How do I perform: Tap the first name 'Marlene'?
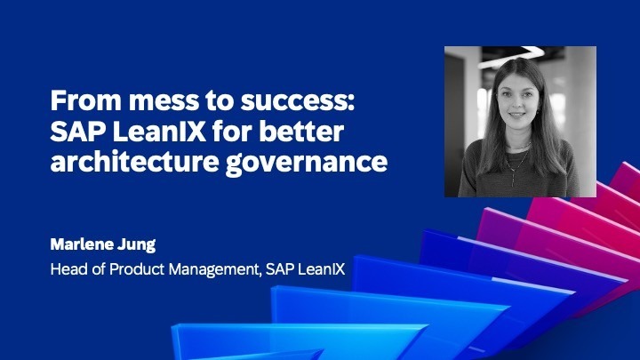click(x=85, y=243)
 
